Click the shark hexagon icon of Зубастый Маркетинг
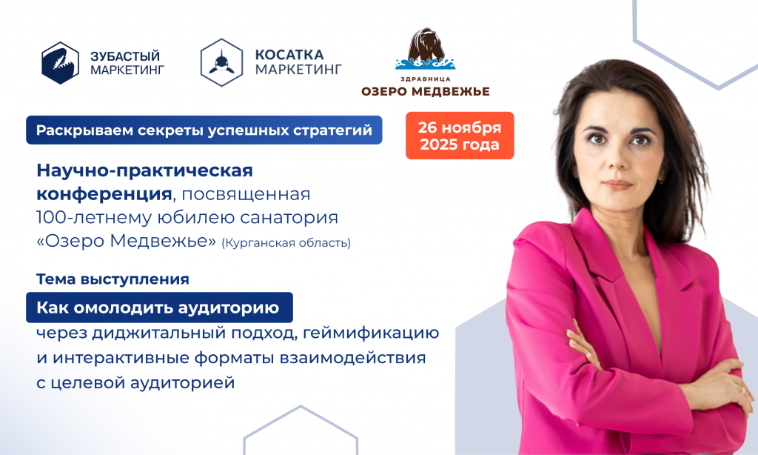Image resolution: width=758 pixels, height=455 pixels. coord(60,62)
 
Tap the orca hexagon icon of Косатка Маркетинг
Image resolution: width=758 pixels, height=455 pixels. coord(221,62)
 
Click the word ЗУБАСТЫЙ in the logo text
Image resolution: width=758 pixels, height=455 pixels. coord(124,56)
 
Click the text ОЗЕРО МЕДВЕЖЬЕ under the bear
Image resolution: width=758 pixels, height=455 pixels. coord(426,91)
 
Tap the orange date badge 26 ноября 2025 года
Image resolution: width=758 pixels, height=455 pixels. coord(460,136)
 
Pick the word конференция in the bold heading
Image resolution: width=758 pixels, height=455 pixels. coord(103,194)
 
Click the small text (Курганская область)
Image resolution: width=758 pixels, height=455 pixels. coord(286,242)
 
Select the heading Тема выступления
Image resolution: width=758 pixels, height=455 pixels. coord(113,279)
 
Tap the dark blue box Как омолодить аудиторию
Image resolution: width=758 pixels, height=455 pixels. coord(158,308)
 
